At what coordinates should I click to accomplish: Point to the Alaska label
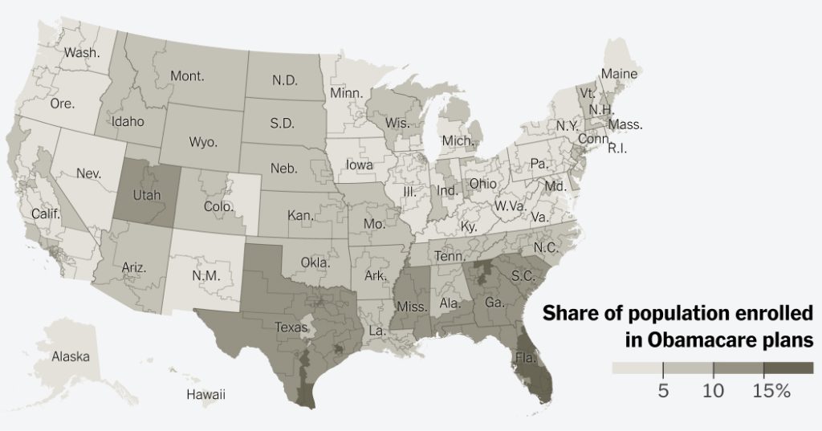70,356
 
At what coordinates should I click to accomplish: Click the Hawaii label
205,394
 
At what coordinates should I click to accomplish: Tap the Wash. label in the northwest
82,53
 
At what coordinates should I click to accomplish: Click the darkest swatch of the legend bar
788,368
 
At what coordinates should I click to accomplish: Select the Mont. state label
187,77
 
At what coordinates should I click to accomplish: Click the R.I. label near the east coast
616,148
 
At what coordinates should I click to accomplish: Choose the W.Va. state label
508,205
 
